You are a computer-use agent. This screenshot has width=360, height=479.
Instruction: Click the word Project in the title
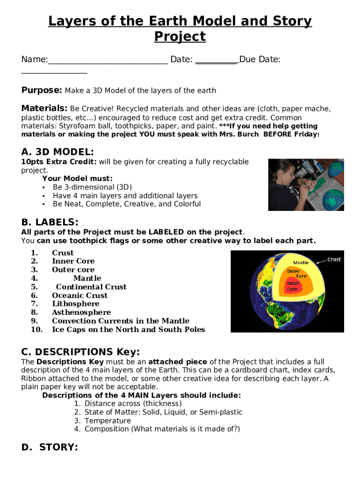[x=180, y=36]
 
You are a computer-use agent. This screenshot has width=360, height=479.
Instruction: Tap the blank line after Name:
[x=108, y=60]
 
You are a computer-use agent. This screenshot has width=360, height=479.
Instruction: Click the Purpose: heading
[x=42, y=90]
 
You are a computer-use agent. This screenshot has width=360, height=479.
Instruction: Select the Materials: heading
[x=44, y=109]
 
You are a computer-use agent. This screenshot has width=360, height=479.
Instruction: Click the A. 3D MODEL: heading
[x=58, y=152]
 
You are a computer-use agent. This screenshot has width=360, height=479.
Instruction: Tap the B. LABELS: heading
[x=50, y=222]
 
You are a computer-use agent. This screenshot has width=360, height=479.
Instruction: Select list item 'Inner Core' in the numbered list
[x=73, y=261]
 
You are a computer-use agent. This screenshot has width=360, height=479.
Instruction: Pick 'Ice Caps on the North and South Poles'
[x=128, y=329]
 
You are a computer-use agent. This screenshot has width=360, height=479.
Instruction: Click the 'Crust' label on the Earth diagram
[x=334, y=260]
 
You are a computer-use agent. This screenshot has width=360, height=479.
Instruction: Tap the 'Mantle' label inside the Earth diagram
[x=301, y=263]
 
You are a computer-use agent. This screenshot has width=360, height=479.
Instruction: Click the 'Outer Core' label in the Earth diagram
[x=295, y=274]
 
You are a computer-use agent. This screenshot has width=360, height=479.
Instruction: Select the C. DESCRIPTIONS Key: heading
[x=80, y=352]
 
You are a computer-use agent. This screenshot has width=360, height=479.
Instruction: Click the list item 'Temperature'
[x=108, y=421]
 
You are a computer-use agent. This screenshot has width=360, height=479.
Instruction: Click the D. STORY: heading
[x=50, y=448]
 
